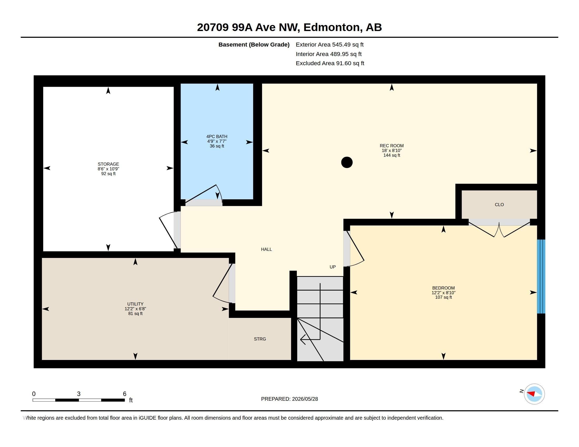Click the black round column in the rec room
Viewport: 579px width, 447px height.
347,162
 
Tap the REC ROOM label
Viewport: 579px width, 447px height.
392,146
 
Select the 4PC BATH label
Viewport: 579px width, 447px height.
217,137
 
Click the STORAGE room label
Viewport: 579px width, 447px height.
108,164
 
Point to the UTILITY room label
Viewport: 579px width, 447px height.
135,304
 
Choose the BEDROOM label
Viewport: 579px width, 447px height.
443,288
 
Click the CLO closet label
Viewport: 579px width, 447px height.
499,205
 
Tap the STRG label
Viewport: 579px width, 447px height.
260,339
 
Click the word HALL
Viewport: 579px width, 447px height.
266,249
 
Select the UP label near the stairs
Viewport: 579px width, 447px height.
332,267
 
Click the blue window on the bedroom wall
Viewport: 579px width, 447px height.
541,276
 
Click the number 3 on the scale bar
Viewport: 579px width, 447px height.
79,394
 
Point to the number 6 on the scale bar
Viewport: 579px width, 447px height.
124,394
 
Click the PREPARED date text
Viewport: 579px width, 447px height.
289,399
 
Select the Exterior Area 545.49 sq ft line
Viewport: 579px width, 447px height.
330,44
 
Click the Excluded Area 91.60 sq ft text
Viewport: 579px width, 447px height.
330,63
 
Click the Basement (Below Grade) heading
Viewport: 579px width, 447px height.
254,44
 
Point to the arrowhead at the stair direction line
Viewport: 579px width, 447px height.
302,339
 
